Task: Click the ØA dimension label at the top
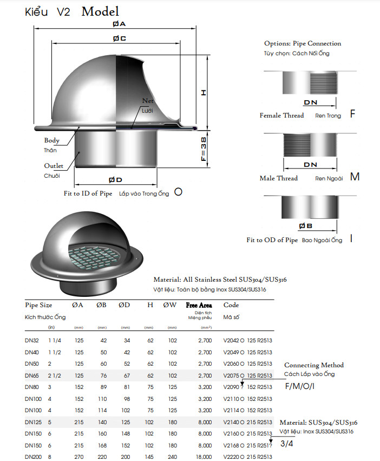[x=119, y=24]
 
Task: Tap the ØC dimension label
[x=119, y=38]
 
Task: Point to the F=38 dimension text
[x=203, y=148]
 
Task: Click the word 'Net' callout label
[x=148, y=101]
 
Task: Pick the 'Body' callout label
[x=52, y=140]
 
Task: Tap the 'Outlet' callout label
[x=54, y=166]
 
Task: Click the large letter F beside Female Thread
[x=352, y=114]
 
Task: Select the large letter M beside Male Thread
[x=355, y=177]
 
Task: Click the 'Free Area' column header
[x=199, y=305]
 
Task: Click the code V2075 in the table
[x=232, y=375]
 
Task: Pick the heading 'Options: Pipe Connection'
[x=303, y=43]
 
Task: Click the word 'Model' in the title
[x=100, y=11]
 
